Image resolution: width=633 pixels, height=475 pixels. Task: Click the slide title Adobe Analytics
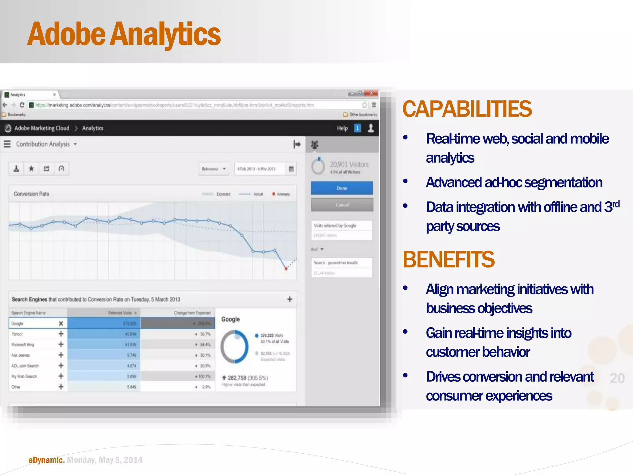(x=124, y=34)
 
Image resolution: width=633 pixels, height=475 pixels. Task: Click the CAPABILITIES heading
(x=467, y=109)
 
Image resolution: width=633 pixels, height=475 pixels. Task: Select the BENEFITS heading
(x=448, y=259)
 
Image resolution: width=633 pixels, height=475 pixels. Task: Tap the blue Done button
(x=342, y=188)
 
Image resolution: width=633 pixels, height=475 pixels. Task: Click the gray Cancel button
(x=342, y=205)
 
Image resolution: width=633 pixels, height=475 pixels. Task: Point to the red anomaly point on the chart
(x=286, y=268)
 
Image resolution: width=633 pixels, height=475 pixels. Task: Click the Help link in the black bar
(x=342, y=128)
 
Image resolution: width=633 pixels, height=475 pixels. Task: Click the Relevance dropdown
(x=214, y=169)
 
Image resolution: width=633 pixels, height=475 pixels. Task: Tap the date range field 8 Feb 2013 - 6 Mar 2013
(x=257, y=169)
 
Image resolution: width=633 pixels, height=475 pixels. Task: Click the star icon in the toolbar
(x=31, y=169)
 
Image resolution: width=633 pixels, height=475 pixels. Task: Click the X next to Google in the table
(x=61, y=323)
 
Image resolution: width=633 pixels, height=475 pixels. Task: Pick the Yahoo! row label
(x=17, y=334)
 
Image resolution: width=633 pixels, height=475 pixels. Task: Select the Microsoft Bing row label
(x=23, y=344)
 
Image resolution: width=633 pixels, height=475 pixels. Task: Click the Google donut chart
(x=234, y=347)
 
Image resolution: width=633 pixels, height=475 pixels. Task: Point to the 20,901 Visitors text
(x=349, y=165)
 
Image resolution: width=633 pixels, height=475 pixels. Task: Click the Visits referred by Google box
(x=342, y=230)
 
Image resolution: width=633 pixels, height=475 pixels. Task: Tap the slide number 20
(x=617, y=378)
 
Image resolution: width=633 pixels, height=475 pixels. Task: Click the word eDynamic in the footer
(x=45, y=460)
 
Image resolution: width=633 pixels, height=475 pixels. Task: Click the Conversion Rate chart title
(x=31, y=194)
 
